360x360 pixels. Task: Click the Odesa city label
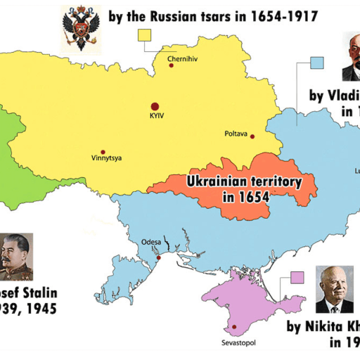click(x=151, y=242)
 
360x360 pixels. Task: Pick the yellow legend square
click(x=147, y=36)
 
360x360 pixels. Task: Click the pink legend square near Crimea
click(x=297, y=278)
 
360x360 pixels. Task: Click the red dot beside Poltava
click(x=252, y=136)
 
